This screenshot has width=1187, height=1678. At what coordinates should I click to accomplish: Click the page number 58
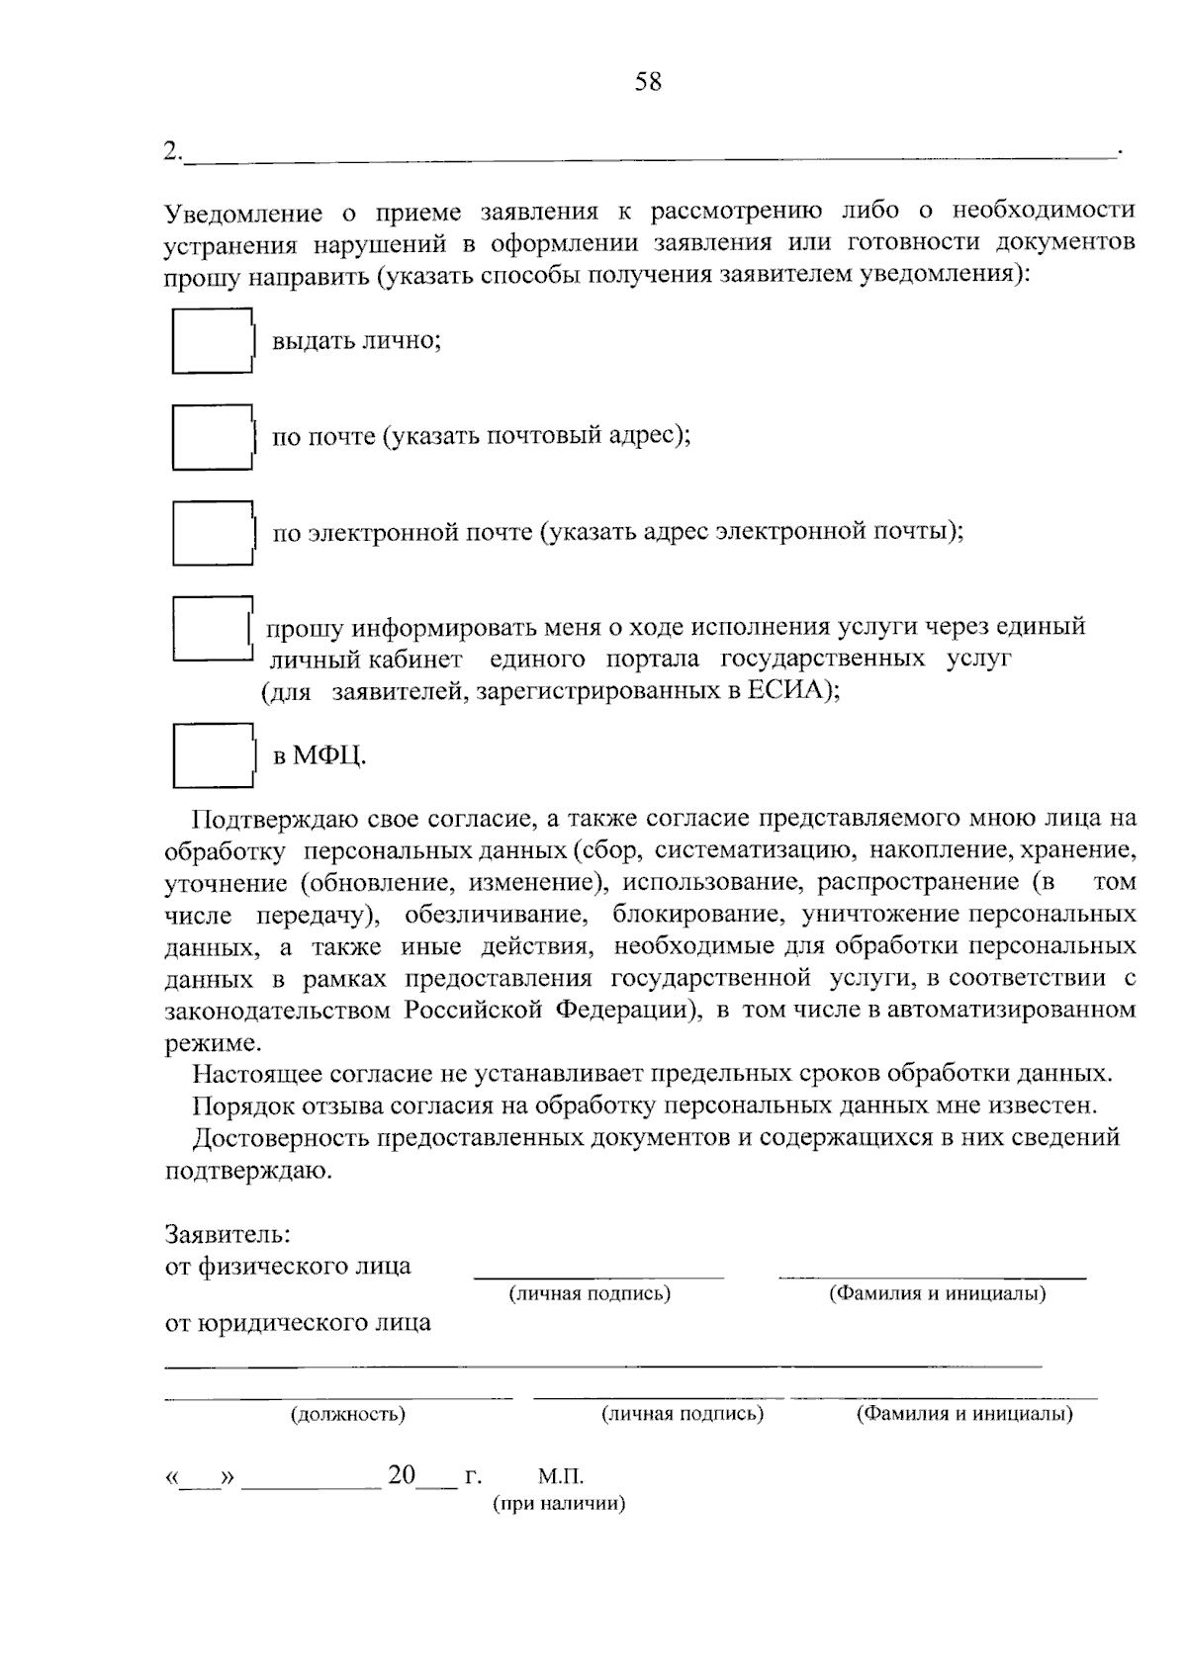tap(648, 82)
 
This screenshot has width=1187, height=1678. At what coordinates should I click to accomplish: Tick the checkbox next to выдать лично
tap(212, 341)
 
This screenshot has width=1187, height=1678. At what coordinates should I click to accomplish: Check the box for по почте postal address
tap(212, 436)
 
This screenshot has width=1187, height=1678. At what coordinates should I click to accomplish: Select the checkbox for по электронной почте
tap(212, 532)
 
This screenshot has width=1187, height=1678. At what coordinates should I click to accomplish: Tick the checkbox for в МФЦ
tap(212, 755)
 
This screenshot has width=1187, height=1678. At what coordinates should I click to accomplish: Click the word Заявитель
tap(227, 1234)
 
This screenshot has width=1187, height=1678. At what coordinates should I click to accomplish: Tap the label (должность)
tap(348, 1414)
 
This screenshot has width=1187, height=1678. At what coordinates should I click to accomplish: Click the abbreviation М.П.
tap(561, 1477)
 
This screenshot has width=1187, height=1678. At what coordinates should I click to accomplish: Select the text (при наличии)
tap(559, 1505)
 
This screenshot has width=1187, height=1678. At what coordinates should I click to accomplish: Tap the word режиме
tap(212, 1042)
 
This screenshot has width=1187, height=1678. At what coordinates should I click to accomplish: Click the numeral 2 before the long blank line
tap(172, 151)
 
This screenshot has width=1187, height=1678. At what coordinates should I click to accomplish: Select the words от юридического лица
tap(297, 1323)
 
